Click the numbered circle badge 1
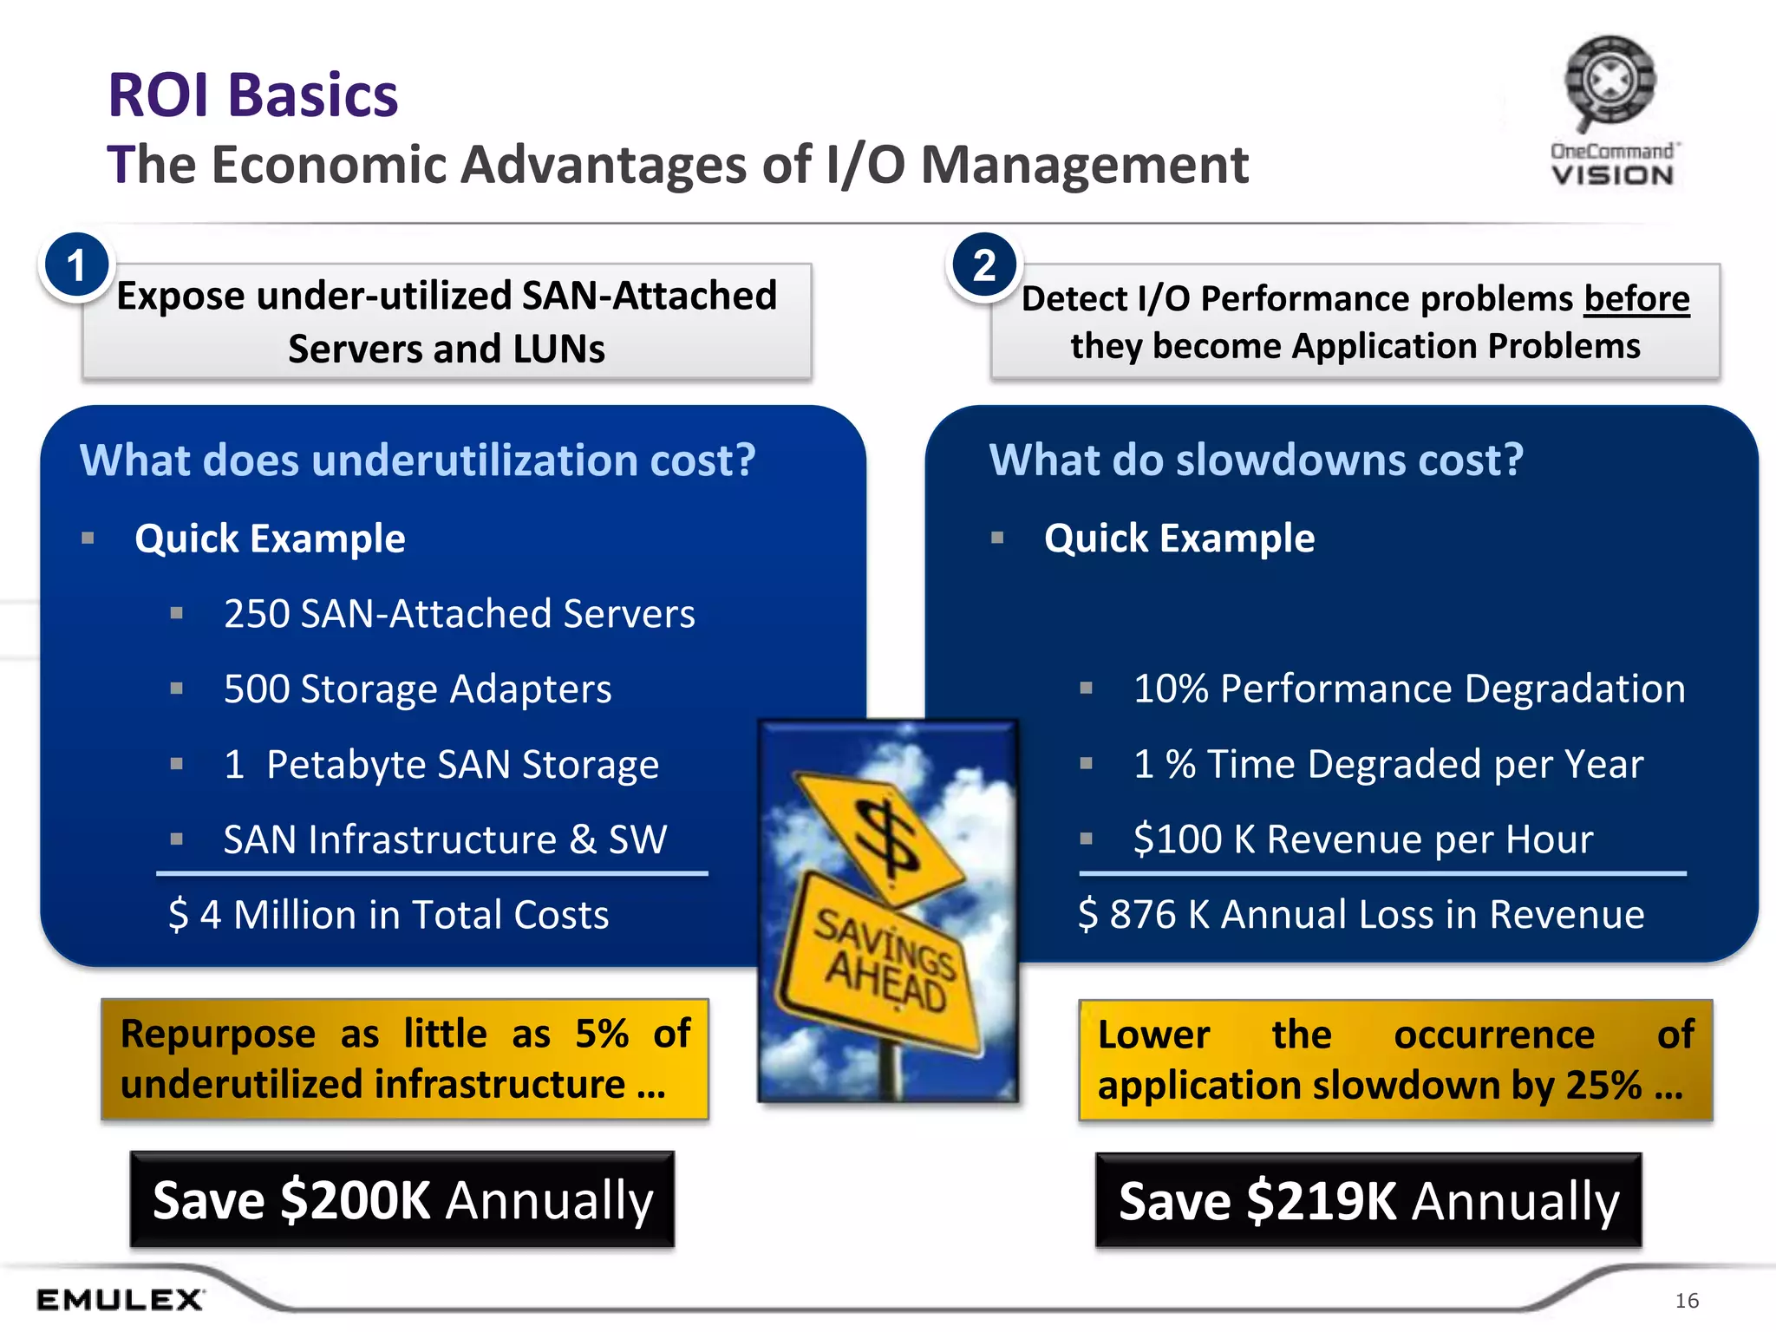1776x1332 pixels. (x=76, y=266)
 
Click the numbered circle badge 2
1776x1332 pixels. (x=984, y=266)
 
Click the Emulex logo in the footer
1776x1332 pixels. (x=120, y=1299)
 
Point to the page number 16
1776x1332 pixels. (x=1687, y=1300)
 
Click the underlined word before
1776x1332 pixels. (x=1636, y=299)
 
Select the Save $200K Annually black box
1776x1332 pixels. (x=402, y=1200)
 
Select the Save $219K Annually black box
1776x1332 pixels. (x=1368, y=1201)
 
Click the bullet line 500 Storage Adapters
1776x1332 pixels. (x=417, y=689)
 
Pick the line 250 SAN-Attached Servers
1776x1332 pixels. (x=459, y=614)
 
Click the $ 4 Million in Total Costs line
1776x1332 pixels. (x=388, y=915)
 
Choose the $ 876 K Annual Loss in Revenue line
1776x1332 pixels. (x=1361, y=915)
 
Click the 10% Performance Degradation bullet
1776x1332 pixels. (x=1408, y=689)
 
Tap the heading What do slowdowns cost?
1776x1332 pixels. (x=1256, y=460)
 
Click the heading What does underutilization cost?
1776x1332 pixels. (x=417, y=460)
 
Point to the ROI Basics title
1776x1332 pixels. (x=252, y=95)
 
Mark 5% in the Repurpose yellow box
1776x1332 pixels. (x=602, y=1034)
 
